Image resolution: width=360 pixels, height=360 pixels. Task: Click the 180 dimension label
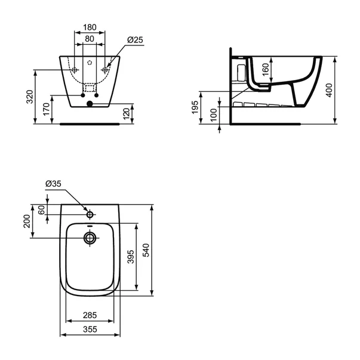click(90, 27)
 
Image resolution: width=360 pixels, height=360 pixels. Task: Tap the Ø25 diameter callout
click(134, 39)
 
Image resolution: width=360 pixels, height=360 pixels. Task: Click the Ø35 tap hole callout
click(53, 184)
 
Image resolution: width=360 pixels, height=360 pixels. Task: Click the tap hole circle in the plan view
click(90, 214)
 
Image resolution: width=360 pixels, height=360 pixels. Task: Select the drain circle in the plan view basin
click(90, 238)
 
